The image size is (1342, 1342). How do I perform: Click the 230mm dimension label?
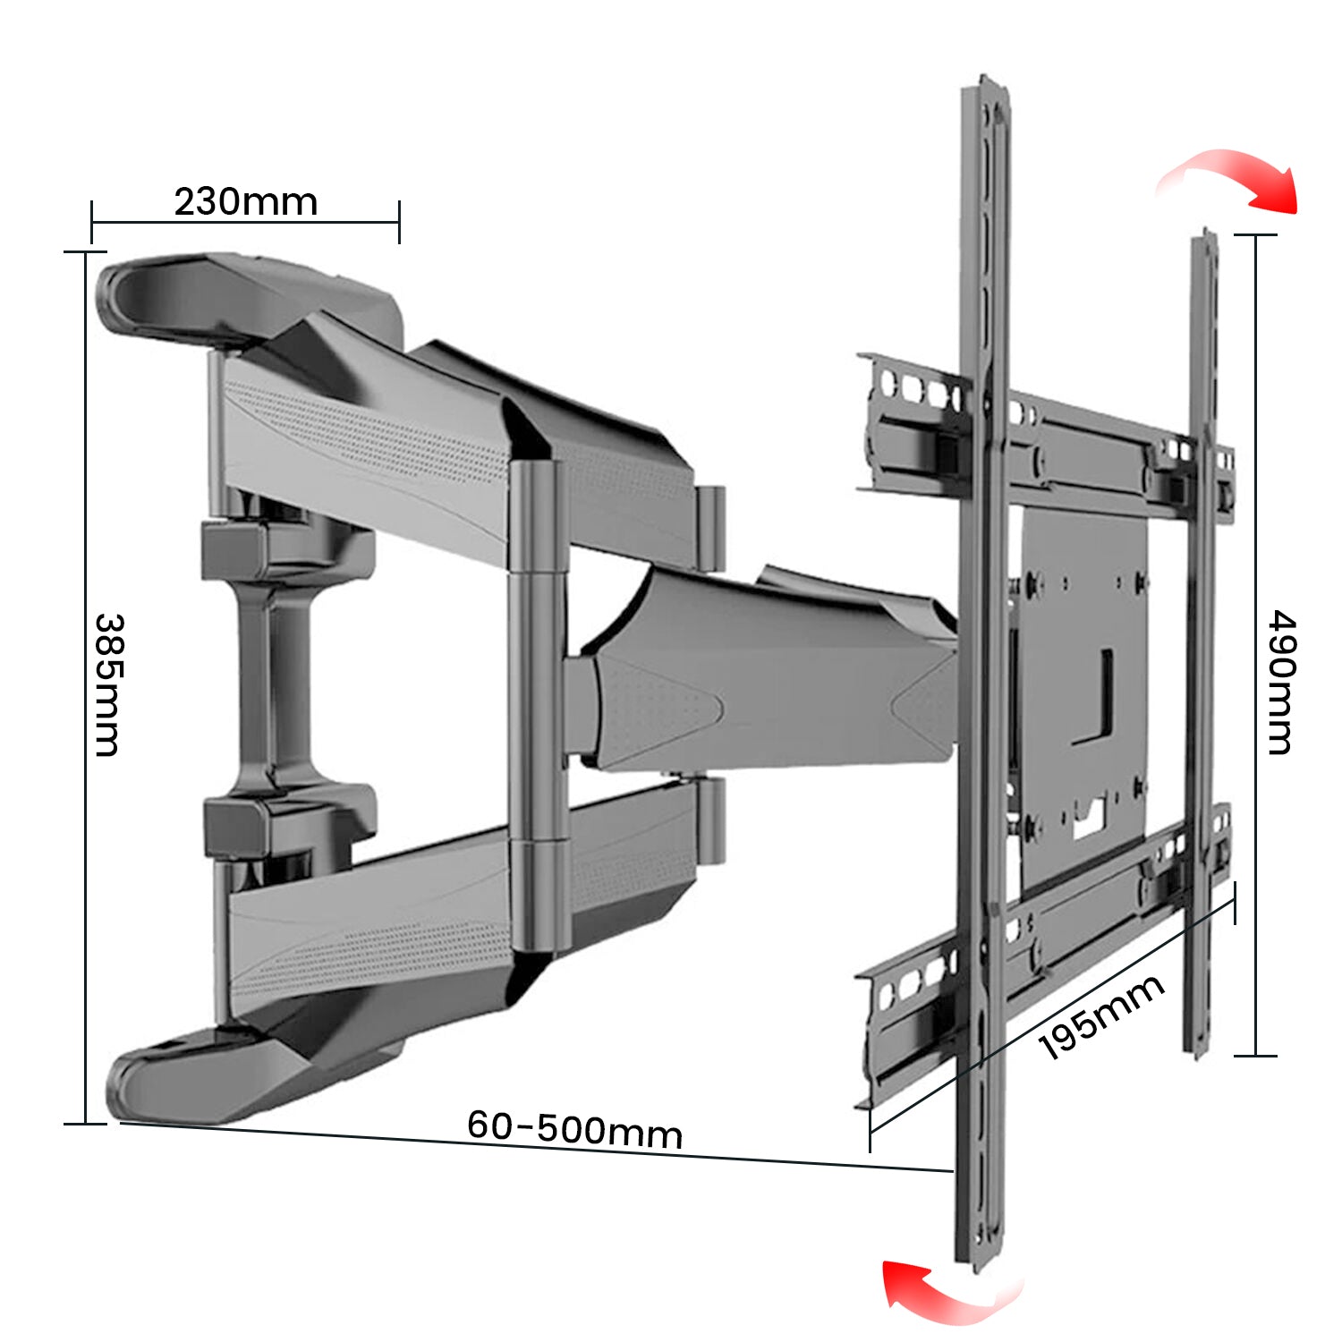click(246, 202)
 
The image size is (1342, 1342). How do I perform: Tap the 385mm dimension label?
click(107, 684)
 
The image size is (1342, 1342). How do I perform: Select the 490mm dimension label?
click(1281, 683)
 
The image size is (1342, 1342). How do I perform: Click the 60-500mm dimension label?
click(574, 1129)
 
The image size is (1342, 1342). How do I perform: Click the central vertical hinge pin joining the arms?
click(537, 707)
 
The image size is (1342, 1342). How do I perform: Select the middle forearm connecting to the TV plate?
click(760, 680)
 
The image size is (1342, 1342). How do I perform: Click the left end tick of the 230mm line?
click(92, 222)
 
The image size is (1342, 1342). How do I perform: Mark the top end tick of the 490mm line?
click(1255, 235)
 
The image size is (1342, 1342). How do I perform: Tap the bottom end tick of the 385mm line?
click(86, 1124)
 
